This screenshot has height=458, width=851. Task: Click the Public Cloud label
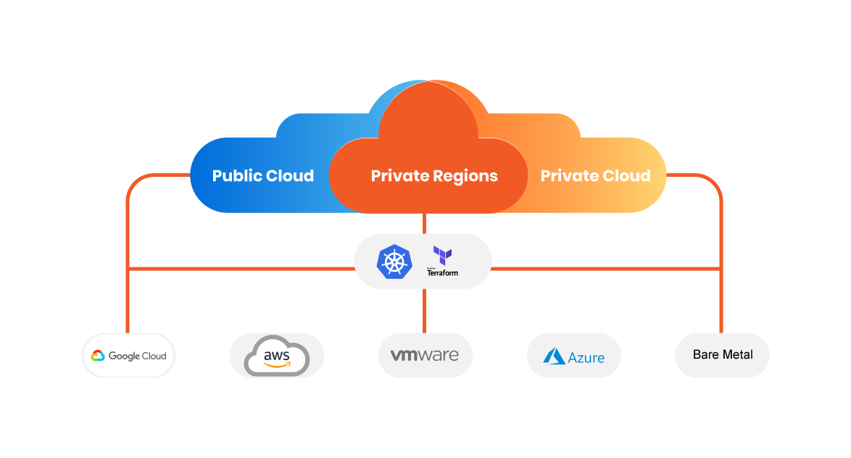click(262, 176)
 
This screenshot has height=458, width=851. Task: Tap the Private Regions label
click(434, 176)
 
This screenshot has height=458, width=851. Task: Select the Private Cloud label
click(595, 176)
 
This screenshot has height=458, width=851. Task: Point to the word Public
click(236, 176)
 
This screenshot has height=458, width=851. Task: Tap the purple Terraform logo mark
click(442, 255)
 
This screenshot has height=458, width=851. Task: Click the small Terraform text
click(442, 273)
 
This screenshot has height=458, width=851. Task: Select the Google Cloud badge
click(128, 356)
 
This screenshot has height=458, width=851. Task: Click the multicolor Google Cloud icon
click(98, 356)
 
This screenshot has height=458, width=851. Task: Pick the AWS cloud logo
click(277, 356)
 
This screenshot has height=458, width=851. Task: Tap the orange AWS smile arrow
click(277, 365)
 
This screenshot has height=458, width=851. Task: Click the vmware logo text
click(425, 356)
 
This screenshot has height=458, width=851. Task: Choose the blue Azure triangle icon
click(555, 356)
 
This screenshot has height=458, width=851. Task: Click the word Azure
click(586, 358)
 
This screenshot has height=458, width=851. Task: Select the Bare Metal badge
click(722, 355)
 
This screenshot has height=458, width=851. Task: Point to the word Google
click(123, 356)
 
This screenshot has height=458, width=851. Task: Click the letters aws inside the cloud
click(277, 354)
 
